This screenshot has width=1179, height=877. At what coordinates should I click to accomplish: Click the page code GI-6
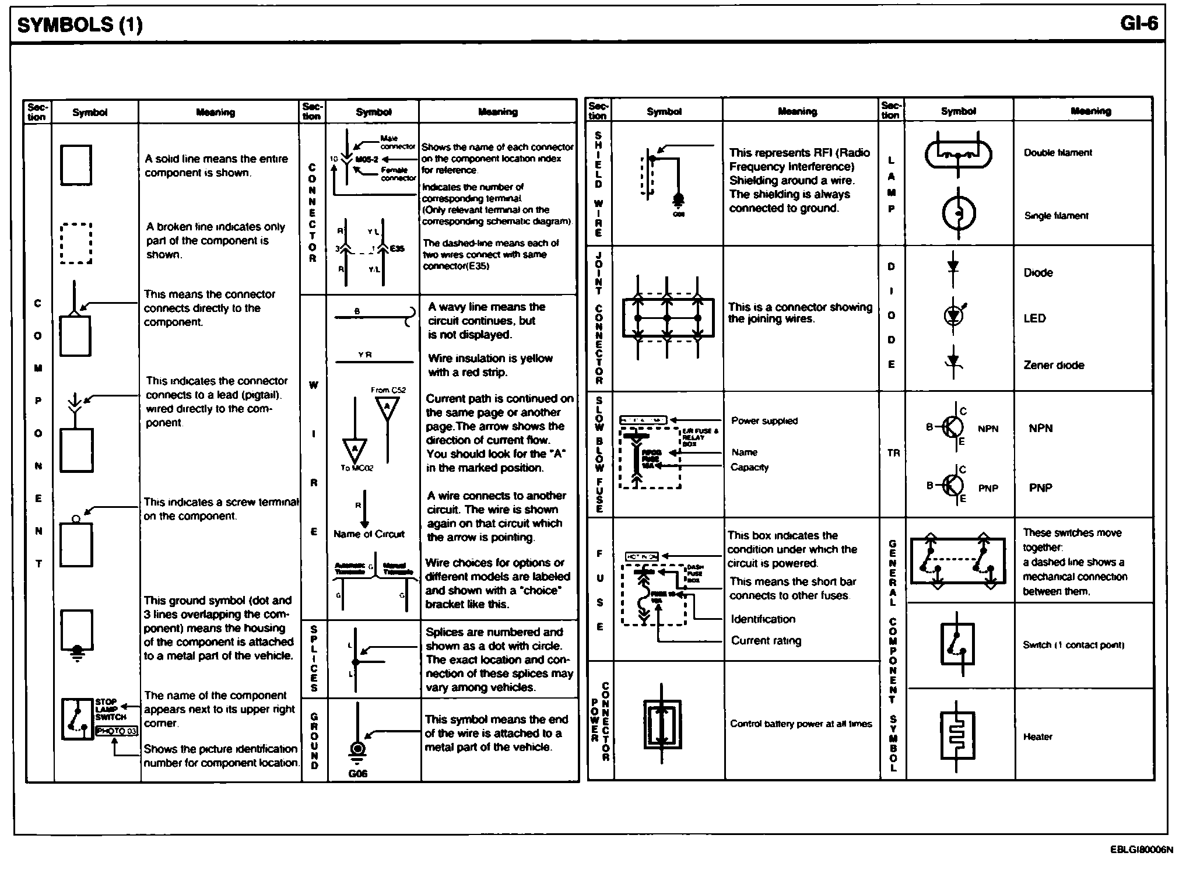point(1138,23)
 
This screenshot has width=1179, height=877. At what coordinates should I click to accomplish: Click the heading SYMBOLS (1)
point(80,24)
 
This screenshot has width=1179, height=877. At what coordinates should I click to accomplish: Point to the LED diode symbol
point(953,315)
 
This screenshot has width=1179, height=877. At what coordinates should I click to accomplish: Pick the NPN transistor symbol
point(953,427)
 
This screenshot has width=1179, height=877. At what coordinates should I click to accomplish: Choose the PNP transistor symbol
point(953,485)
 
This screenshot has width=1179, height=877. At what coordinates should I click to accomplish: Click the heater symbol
point(957,735)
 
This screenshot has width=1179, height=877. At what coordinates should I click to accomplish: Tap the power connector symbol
point(662,724)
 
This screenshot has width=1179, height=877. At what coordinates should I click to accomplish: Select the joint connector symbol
point(668,318)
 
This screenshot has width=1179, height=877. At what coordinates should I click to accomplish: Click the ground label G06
point(357,773)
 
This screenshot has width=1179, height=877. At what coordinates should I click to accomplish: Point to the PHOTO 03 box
point(117,731)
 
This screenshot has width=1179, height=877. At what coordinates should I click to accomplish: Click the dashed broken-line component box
point(76,243)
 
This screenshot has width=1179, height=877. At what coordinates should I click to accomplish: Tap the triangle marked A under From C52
point(387,408)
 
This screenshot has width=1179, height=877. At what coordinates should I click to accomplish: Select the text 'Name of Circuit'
point(369,534)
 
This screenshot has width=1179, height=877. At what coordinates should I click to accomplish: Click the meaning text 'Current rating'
point(766,640)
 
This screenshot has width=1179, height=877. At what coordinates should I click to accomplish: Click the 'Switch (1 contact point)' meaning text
point(1073,645)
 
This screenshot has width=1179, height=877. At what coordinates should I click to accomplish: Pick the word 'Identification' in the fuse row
point(763,619)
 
